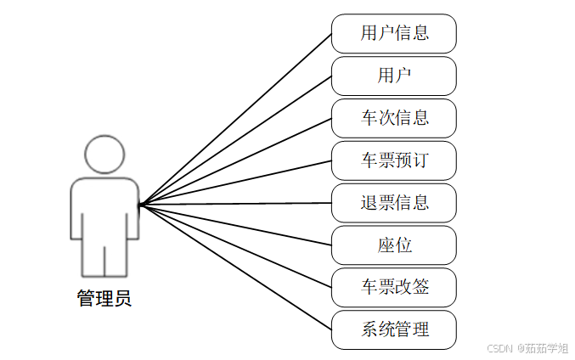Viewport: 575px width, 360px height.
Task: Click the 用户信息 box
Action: (x=393, y=33)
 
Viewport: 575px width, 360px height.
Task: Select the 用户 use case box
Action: (x=393, y=76)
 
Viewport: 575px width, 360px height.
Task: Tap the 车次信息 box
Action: (x=393, y=118)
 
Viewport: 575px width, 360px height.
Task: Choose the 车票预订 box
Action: (x=393, y=160)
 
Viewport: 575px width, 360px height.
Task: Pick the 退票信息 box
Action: (x=393, y=203)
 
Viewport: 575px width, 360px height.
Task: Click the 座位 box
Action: (x=393, y=245)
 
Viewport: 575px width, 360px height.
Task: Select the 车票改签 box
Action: (x=393, y=288)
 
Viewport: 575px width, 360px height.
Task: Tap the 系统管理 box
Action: (x=393, y=329)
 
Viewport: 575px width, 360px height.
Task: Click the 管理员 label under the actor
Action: (x=104, y=299)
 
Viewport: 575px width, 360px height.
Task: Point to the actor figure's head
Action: (x=104, y=155)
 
